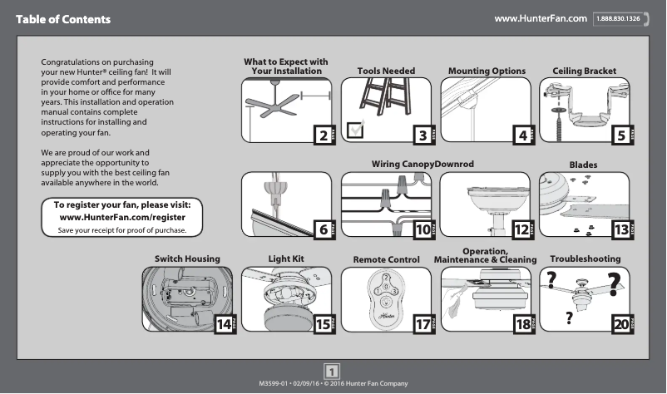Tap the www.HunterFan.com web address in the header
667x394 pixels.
pyautogui.click(x=541, y=18)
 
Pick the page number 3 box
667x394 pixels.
pyautogui.click(x=422, y=135)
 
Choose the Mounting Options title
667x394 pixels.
pyautogui.click(x=487, y=71)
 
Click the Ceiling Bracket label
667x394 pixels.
pyautogui.click(x=584, y=71)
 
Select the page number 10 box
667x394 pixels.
pyautogui.click(x=422, y=229)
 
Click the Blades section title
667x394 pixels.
pyautogui.click(x=583, y=165)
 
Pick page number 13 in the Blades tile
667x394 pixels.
pyautogui.click(x=620, y=229)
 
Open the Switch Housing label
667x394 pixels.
pyautogui.click(x=186, y=259)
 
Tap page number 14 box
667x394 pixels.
pyautogui.click(x=223, y=324)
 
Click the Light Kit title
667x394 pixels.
pyautogui.click(x=286, y=259)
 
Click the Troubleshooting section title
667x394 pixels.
pyautogui.click(x=585, y=259)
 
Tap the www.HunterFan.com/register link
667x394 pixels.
pyautogui.click(x=122, y=217)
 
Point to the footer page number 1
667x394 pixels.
pyautogui.click(x=333, y=371)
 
